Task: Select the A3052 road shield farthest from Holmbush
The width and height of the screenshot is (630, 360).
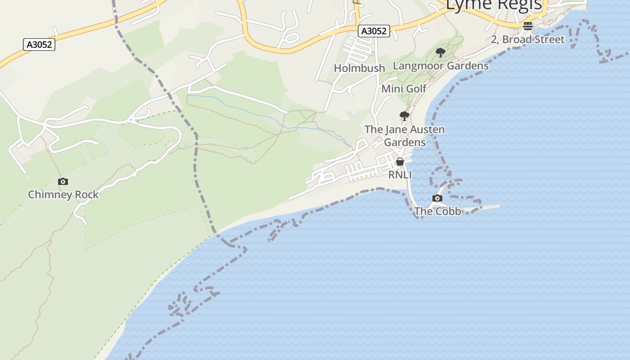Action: coord(39,45)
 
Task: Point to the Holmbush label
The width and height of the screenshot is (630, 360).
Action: coord(360,68)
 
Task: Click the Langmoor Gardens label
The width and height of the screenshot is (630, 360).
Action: coord(441,66)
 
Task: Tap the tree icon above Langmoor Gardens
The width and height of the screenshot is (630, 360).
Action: coord(441,53)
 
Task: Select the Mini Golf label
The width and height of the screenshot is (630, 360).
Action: coord(404,89)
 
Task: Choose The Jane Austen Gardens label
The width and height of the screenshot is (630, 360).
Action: coord(405,135)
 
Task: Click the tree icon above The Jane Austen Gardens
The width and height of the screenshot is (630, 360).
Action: coord(405,116)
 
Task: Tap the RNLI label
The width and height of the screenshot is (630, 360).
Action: coord(400,175)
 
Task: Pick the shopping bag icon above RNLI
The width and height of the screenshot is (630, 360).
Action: coord(400,162)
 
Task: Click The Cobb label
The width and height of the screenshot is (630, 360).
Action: coord(437,211)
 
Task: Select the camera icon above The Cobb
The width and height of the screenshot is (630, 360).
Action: coord(437,198)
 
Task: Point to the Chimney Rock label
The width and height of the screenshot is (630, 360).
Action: coord(63,195)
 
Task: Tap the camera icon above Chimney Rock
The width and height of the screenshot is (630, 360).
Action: coord(63,182)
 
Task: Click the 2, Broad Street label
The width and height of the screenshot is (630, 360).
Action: coord(527,40)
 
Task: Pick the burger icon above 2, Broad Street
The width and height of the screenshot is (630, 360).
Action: coord(528,26)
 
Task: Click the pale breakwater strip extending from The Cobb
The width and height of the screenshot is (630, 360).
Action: coord(488,207)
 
